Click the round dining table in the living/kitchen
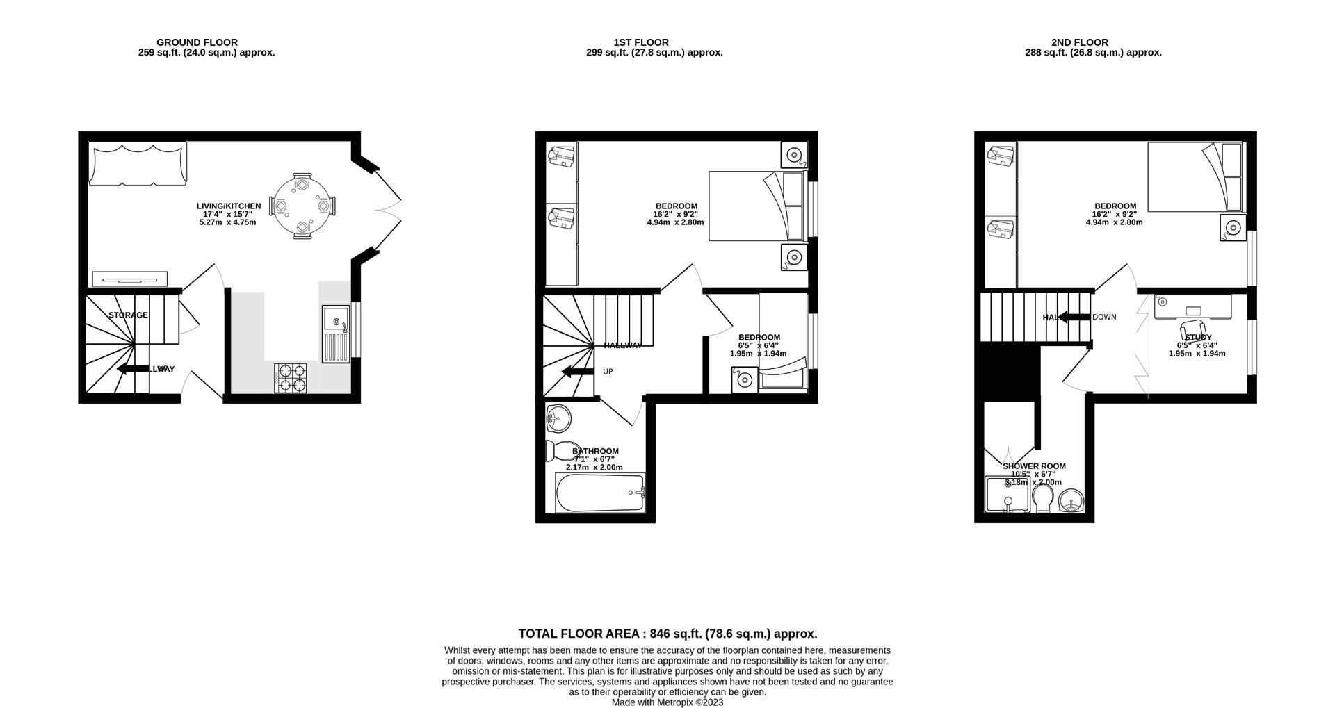(x=302, y=206)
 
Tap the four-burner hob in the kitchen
(x=291, y=377)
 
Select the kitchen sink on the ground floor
(x=336, y=334)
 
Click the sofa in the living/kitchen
(x=138, y=164)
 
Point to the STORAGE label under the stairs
(x=128, y=315)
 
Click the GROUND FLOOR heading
(x=197, y=42)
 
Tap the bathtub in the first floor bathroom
(x=601, y=493)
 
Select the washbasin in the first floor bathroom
(x=558, y=418)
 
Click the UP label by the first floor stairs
(x=608, y=372)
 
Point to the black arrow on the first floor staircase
(x=576, y=372)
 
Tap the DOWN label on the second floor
(x=1104, y=317)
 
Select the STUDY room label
(x=1197, y=338)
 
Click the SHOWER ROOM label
(x=1034, y=466)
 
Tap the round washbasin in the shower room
(x=1071, y=500)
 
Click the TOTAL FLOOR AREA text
(x=667, y=634)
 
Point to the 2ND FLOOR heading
(x=1080, y=42)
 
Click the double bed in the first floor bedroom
(x=758, y=206)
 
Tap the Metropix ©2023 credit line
(x=667, y=702)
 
